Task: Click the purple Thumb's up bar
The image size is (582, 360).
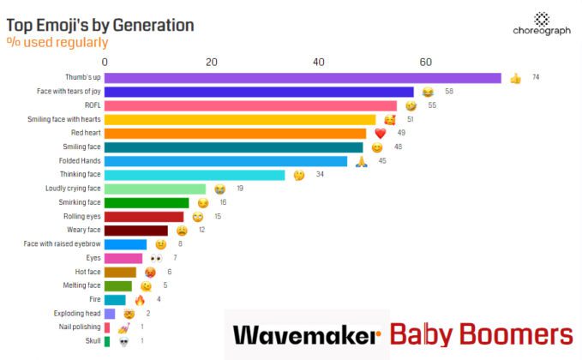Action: [x=303, y=78]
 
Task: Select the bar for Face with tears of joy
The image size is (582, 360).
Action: [x=259, y=92]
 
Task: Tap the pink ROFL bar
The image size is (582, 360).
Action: [x=250, y=105]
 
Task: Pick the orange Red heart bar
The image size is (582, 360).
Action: [x=236, y=133]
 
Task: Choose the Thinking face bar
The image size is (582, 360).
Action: [x=195, y=175]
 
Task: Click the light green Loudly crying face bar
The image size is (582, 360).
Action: [x=155, y=189]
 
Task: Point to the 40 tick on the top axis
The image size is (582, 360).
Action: [x=318, y=62]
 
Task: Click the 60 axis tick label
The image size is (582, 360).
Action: [x=425, y=62]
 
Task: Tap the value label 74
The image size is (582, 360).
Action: [x=535, y=78]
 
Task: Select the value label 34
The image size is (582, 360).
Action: [x=320, y=175]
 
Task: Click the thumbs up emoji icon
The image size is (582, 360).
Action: [x=515, y=79]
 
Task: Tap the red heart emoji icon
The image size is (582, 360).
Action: [x=381, y=134]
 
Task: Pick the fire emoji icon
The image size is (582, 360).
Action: [x=140, y=300]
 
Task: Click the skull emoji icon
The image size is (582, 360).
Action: [x=123, y=342]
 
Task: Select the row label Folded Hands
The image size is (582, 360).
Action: [x=80, y=161]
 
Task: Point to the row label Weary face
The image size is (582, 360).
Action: [x=84, y=230]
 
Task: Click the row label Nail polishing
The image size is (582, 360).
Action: [x=79, y=327]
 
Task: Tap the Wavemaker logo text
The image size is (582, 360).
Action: [x=306, y=334]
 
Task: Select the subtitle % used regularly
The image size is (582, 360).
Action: [x=57, y=42]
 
